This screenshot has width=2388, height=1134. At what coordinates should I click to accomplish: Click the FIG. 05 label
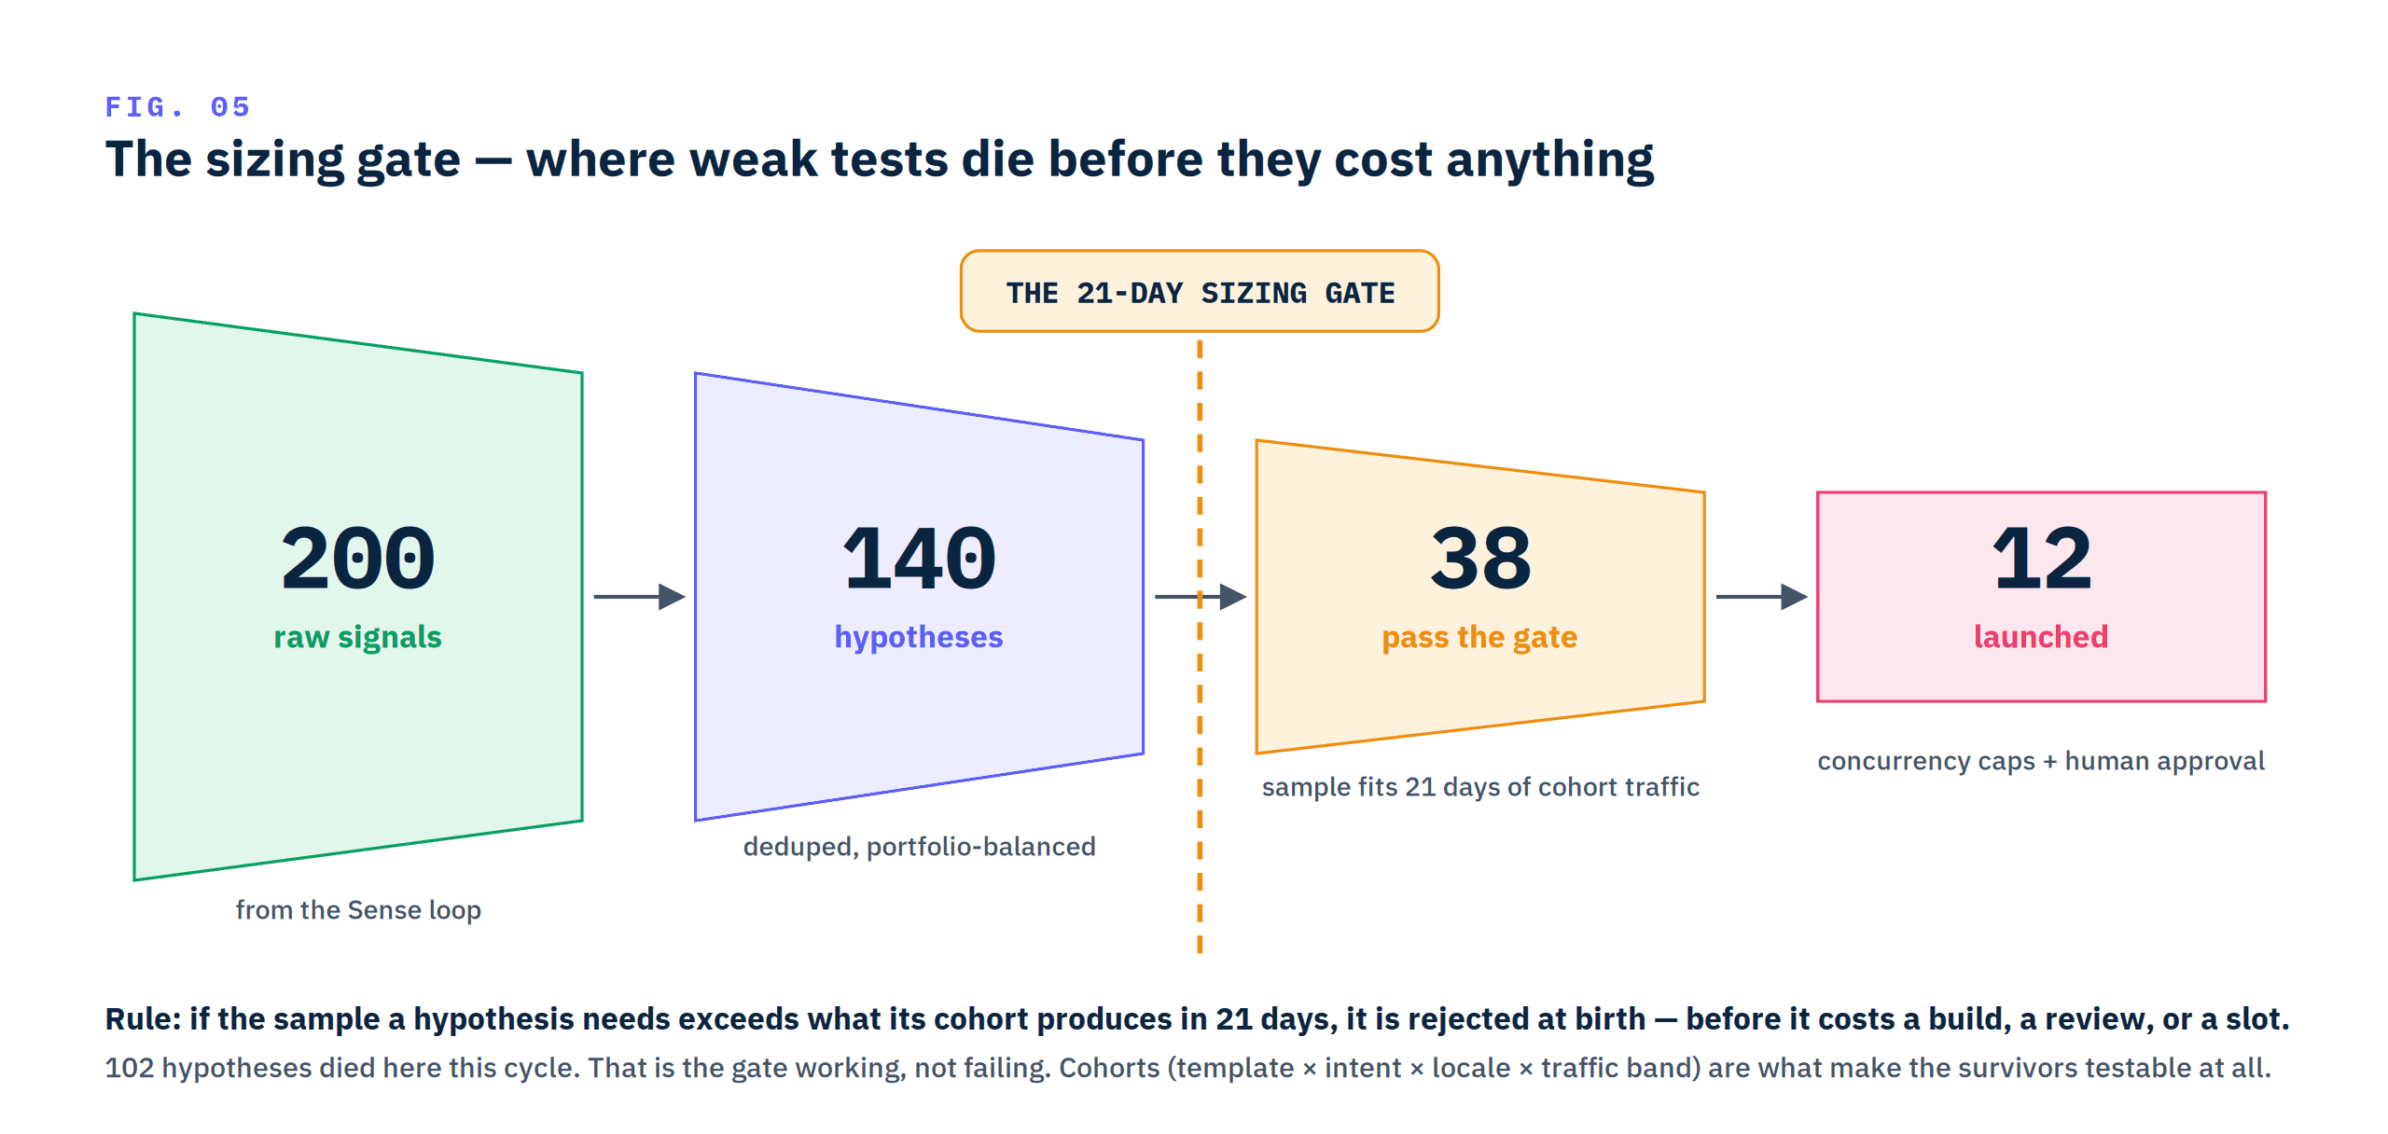[177, 107]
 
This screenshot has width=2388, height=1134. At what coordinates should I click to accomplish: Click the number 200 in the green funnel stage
[358, 559]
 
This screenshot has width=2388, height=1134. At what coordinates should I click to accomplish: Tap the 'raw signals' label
[357, 637]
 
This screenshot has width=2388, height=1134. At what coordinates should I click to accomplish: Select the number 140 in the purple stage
[919, 559]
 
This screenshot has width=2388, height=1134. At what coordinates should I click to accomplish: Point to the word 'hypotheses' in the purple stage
[919, 637]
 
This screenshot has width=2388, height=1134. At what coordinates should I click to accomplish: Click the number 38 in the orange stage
[1480, 559]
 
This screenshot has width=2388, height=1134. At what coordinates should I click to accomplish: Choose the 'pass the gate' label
[1479, 638]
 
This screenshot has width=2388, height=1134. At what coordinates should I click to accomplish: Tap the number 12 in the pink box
[2042, 559]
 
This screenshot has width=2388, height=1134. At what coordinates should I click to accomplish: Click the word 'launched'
[2041, 637]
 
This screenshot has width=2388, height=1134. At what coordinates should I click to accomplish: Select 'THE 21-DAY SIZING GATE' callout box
[1200, 291]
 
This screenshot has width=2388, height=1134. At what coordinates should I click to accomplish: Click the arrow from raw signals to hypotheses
[640, 597]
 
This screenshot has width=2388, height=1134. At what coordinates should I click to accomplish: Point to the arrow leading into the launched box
[1762, 597]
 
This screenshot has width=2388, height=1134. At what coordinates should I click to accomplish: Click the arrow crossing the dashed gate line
[1201, 597]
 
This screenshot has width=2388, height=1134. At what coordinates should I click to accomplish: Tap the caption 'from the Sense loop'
[358, 910]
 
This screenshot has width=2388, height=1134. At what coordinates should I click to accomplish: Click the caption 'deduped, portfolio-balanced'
[919, 847]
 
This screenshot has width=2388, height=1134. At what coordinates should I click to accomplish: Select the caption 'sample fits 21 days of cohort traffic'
[1480, 787]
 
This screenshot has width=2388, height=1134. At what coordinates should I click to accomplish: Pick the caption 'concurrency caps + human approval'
[2041, 761]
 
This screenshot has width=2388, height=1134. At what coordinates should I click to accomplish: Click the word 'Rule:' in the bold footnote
[143, 1019]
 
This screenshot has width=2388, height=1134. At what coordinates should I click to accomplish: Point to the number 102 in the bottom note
[130, 1068]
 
